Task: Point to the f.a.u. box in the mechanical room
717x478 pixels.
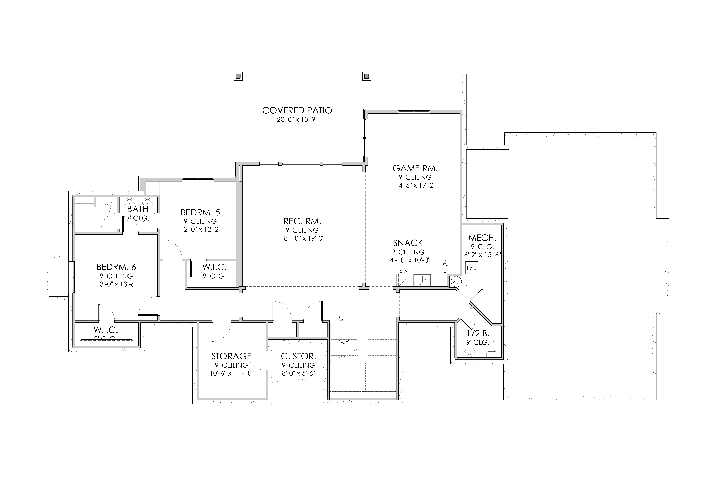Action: point(472,268)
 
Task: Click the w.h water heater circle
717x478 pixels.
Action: point(456,282)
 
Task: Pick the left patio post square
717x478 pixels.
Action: point(238,76)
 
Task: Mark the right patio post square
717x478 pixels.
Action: point(366,76)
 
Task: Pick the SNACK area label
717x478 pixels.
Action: point(408,243)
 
